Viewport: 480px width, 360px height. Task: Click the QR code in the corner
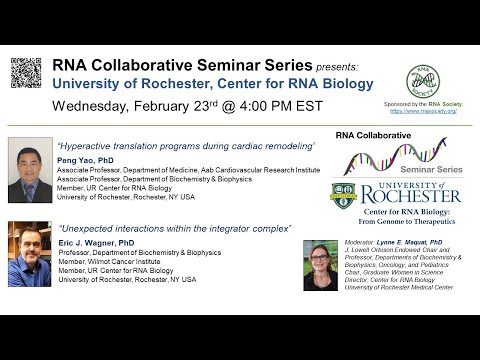[x=26, y=73]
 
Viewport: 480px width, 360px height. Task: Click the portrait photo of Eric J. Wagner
[x=29, y=254]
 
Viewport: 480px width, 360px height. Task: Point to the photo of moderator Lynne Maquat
[x=320, y=265]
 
